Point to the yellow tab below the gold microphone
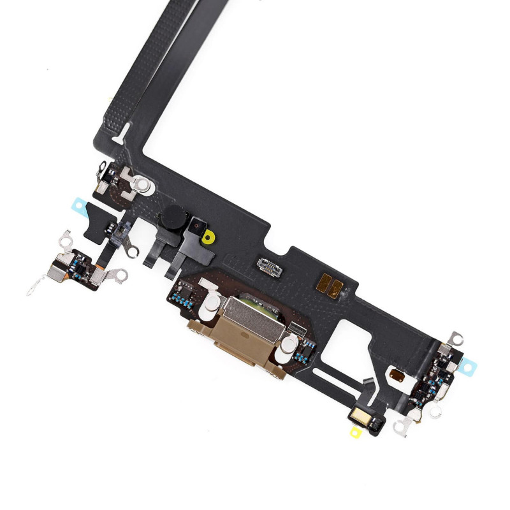pos(355,432)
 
